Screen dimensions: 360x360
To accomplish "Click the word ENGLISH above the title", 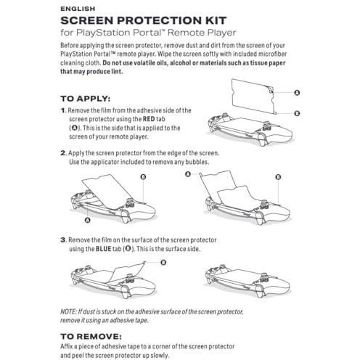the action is pos(78,9).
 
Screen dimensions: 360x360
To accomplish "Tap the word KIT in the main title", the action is pos(216,20).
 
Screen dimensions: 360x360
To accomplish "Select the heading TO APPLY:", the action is pos(86,99).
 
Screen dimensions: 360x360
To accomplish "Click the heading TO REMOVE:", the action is pos(91,336).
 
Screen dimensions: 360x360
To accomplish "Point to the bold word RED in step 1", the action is pos(149,119).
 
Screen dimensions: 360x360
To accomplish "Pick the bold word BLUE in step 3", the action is pos(104,249).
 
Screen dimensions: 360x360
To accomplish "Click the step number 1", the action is pos(63,110).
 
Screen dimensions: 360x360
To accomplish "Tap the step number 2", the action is pos(63,153).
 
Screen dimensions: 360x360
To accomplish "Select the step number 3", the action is pos(63,240).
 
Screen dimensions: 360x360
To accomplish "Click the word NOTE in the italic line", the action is pos(68,311).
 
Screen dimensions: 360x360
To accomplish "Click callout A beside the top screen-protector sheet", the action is pos(297,93).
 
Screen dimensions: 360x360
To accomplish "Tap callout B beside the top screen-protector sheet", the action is pos(297,113).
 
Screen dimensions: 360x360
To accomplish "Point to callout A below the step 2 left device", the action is pos(88,220).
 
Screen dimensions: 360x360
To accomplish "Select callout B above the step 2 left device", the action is pos(143,177).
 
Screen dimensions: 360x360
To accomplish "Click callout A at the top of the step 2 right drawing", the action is pos(188,174).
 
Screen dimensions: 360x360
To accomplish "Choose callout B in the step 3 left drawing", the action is pos(163,263).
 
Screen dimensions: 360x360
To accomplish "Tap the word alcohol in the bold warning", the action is pos(179,63).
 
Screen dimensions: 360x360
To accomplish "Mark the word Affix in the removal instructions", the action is pos(66,346).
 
